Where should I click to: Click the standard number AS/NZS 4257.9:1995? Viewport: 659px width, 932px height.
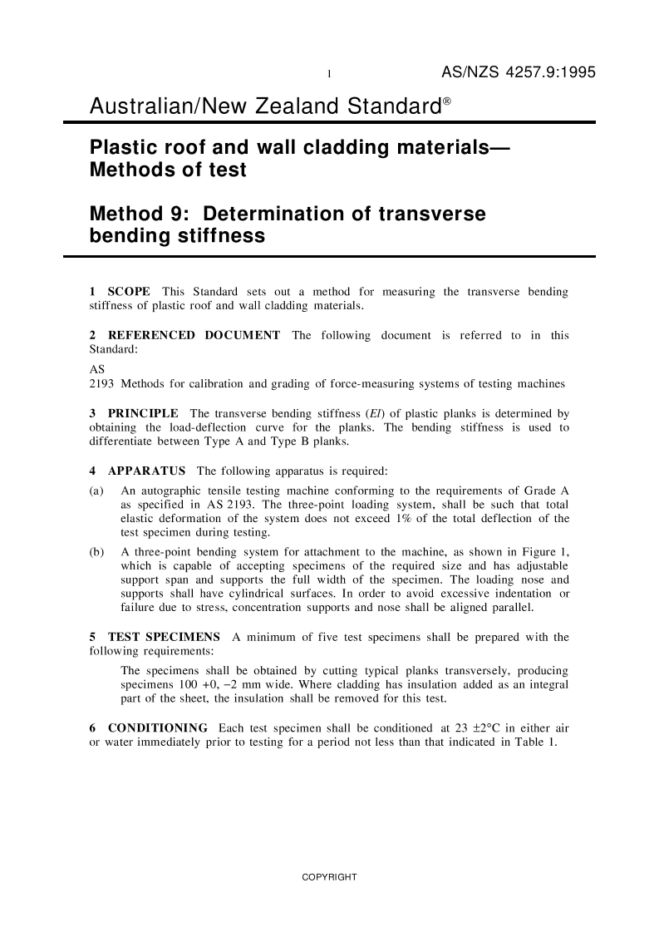518,73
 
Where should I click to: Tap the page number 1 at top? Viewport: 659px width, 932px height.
330,75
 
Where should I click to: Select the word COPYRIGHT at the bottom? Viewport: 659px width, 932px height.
329,877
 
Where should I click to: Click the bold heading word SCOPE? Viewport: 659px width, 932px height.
129,292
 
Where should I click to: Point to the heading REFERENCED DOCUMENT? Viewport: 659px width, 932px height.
194,335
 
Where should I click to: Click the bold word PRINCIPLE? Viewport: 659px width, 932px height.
142,413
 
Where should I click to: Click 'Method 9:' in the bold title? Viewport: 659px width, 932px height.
140,215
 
